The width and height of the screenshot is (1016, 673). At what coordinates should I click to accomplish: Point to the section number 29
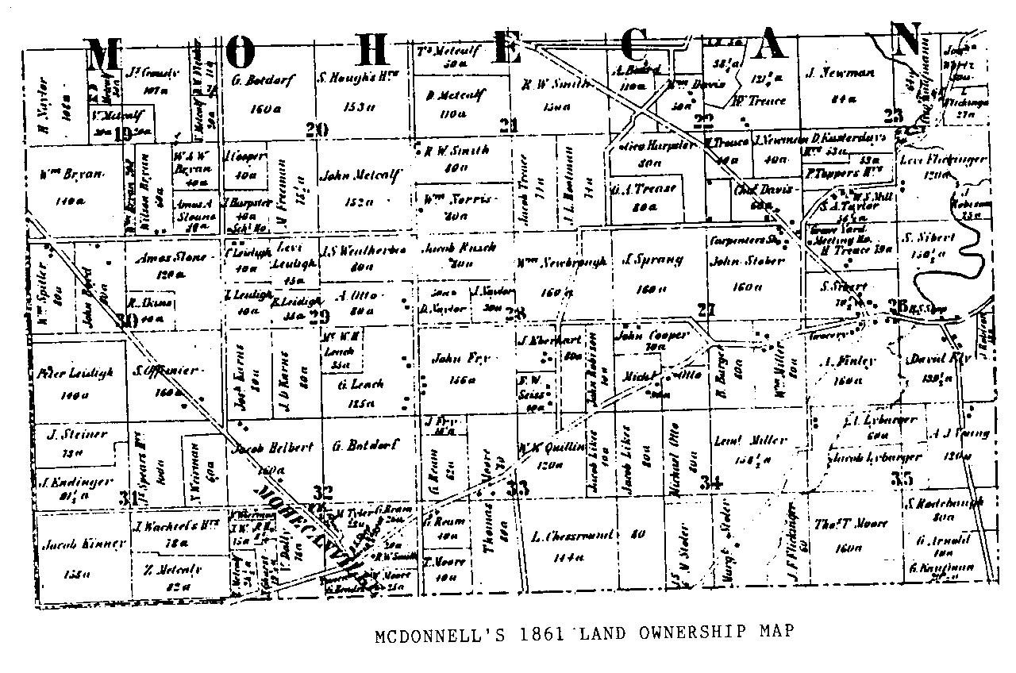coord(319,317)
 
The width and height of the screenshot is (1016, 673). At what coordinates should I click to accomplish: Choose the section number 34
coord(712,481)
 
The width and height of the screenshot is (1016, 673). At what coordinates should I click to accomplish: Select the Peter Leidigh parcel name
coord(76,371)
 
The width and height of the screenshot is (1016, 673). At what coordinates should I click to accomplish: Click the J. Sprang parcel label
coord(643,259)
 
